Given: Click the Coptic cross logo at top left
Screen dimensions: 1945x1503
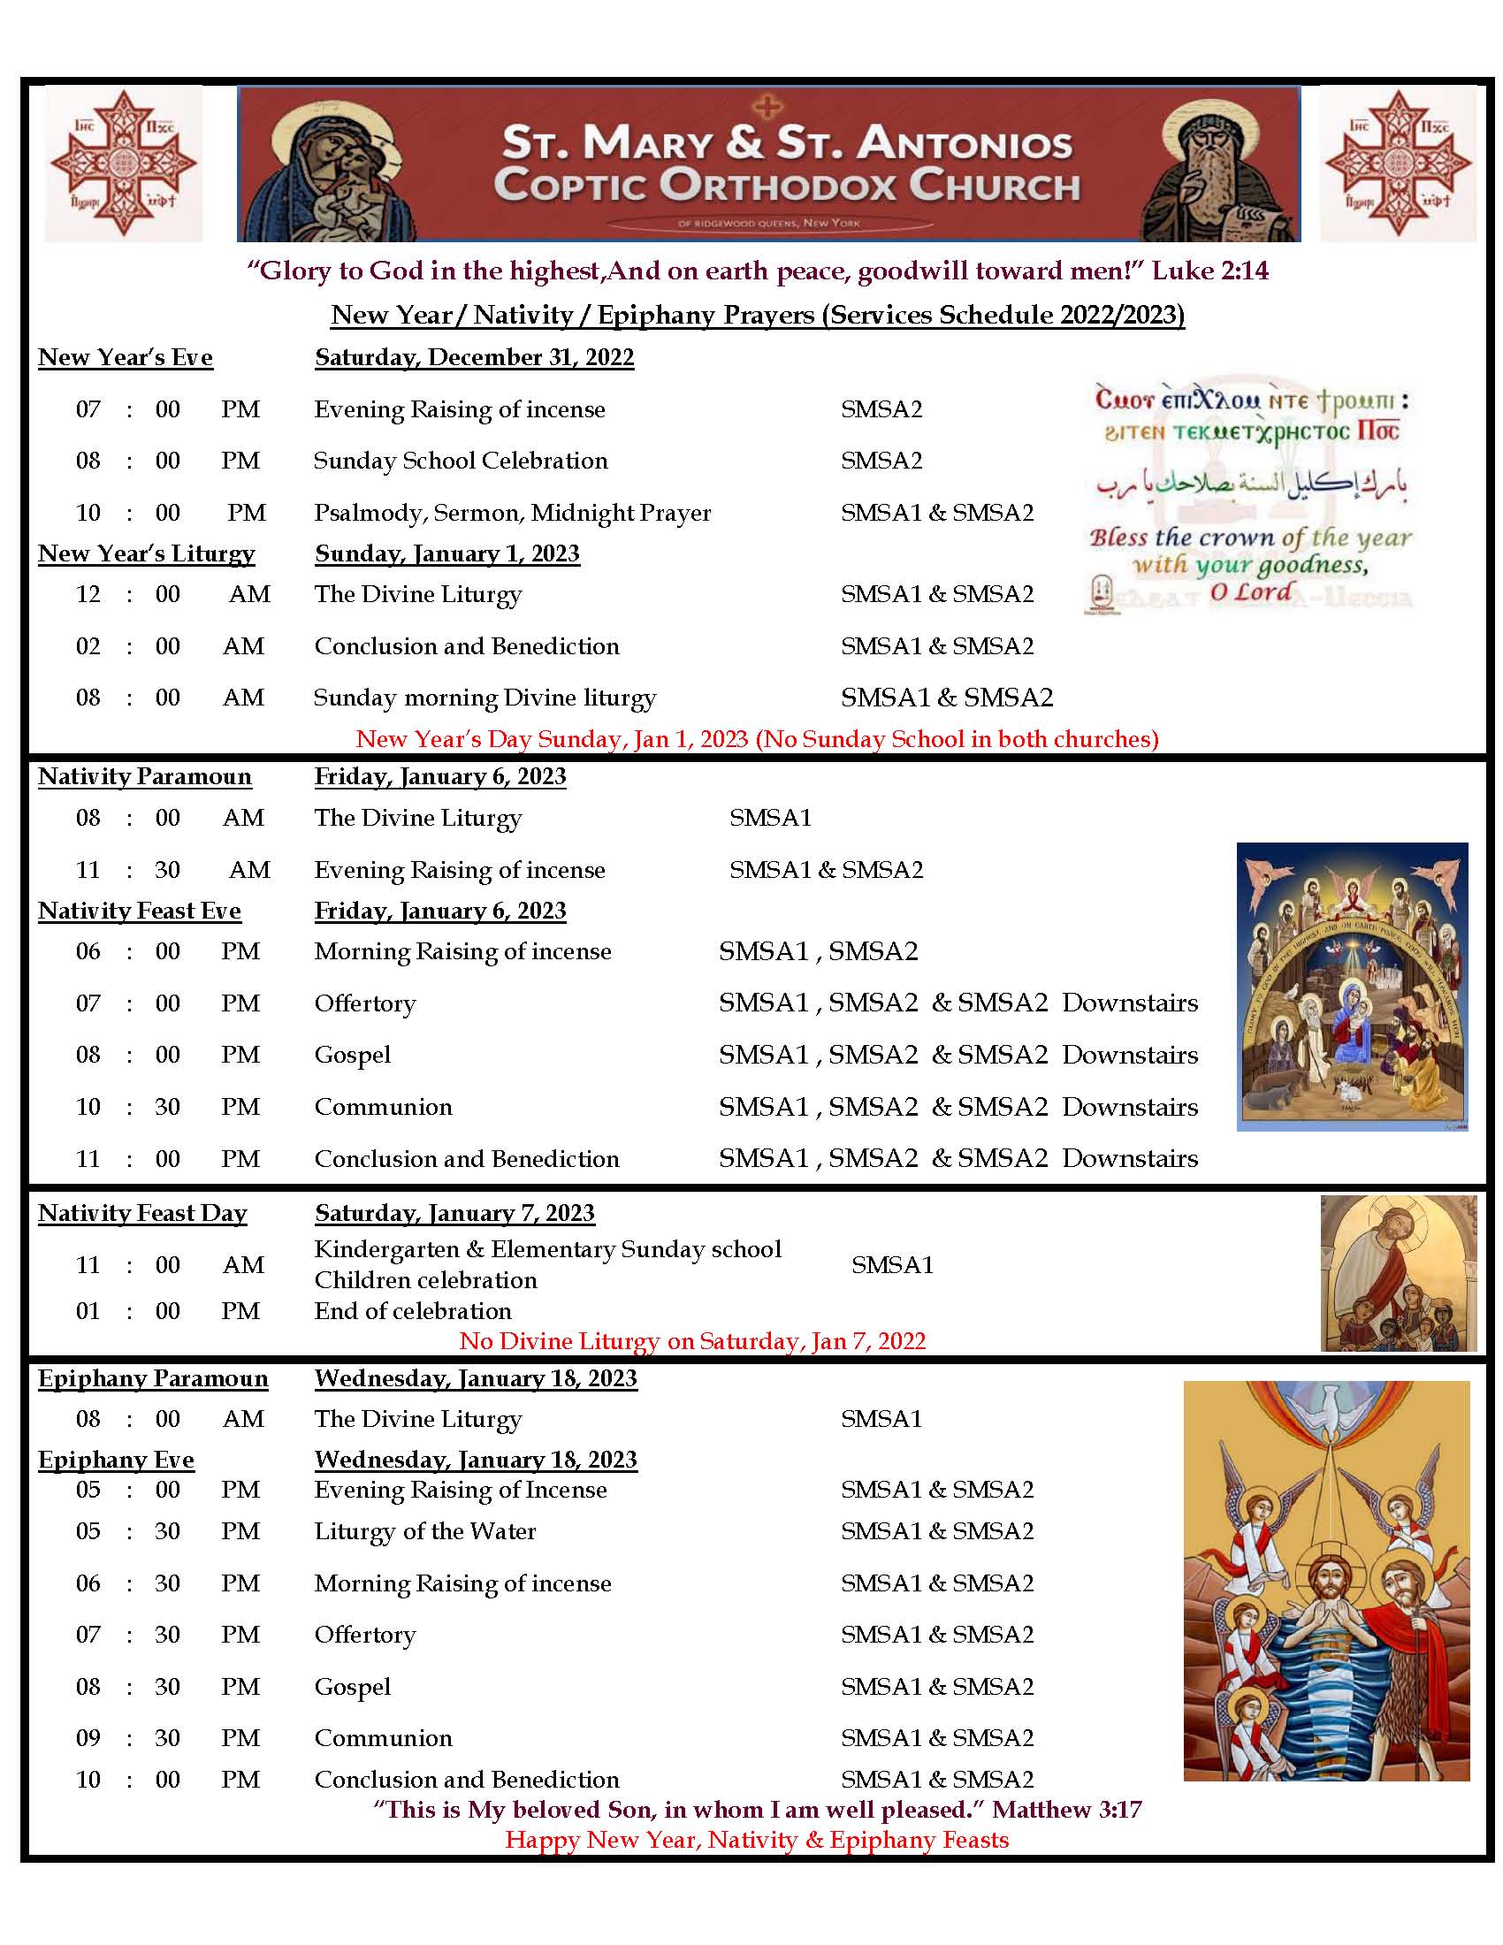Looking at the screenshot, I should coord(123,164).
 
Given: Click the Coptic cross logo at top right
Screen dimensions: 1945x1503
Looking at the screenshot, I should coord(1397,164).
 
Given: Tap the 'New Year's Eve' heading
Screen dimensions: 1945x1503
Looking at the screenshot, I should coord(126,357).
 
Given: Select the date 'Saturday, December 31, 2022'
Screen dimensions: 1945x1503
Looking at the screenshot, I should coord(474,357).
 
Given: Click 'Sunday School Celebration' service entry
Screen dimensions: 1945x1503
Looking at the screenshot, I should coord(461,461).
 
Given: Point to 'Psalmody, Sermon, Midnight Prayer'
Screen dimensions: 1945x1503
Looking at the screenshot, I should coord(512,513).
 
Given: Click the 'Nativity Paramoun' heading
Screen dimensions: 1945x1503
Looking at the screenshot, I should coord(144,776).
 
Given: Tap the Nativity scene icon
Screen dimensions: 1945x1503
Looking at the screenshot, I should coord(1351,986).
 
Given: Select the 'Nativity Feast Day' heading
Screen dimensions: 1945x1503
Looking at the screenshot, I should coord(142,1213).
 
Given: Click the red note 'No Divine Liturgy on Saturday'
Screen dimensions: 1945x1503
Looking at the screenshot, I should coord(692,1341).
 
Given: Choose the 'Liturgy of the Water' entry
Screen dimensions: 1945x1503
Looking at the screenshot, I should coord(424,1531).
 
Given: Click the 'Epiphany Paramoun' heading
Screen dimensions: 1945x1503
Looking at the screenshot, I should coord(152,1378).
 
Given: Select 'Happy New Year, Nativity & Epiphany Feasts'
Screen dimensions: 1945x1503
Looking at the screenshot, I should coord(757,1839).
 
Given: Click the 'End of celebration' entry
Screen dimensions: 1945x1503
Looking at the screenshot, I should coord(412,1311).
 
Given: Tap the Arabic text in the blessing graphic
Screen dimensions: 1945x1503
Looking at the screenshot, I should coord(1250,484).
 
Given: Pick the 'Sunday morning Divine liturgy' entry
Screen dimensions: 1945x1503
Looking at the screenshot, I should coord(484,698).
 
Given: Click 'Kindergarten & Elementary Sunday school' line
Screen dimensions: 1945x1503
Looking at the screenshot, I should coord(547,1249).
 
